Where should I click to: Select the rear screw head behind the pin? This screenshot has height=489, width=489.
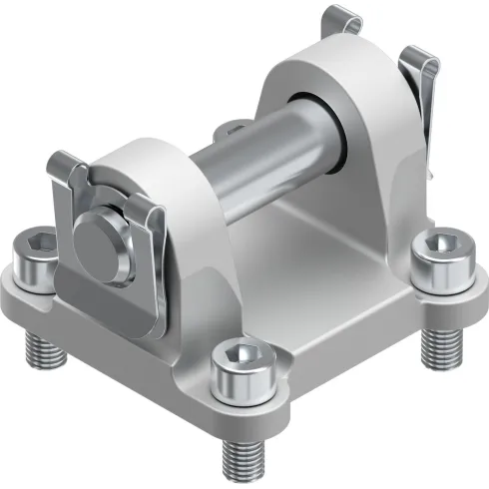coord(235,128)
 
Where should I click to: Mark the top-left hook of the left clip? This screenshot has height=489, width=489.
coord(62,165)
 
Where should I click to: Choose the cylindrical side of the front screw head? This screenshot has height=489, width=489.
coord(241,384)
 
